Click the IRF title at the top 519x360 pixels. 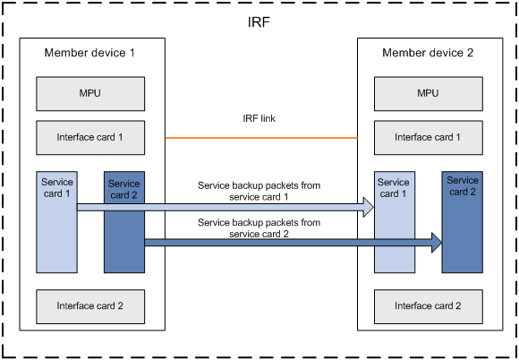click(x=259, y=22)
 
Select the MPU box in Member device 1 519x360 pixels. click(x=90, y=94)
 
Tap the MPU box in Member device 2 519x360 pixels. click(x=429, y=94)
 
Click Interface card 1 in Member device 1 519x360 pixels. click(x=90, y=137)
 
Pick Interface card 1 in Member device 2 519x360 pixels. click(x=429, y=137)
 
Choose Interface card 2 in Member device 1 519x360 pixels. click(x=90, y=306)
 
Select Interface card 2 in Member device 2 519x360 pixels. click(x=429, y=306)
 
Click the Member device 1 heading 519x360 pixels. click(x=89, y=53)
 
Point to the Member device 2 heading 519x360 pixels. click(x=428, y=53)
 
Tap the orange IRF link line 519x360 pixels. click(x=261, y=138)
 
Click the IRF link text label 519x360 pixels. click(x=259, y=118)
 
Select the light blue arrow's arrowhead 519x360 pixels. click(x=369, y=208)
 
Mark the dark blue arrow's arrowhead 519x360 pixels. click(x=437, y=243)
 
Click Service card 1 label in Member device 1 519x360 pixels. click(x=57, y=188)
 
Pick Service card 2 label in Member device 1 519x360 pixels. click(x=123, y=190)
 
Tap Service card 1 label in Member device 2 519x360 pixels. click(x=393, y=188)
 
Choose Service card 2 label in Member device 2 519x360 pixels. click(x=463, y=186)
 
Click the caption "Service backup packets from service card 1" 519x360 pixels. click(x=259, y=191)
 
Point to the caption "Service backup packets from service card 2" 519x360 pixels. click(x=259, y=228)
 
